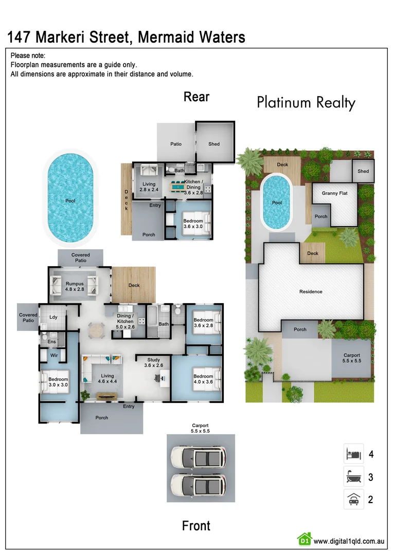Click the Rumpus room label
click(x=75, y=287)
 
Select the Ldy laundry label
click(x=53, y=317)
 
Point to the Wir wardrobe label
click(x=53, y=355)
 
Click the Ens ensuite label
click(x=51, y=341)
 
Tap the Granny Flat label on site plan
click(x=334, y=193)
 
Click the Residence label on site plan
click(x=311, y=291)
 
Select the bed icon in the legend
click(x=353, y=454)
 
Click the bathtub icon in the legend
click(x=353, y=476)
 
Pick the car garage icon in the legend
click(x=353, y=499)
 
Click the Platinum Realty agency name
click(x=306, y=103)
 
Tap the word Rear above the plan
click(x=196, y=97)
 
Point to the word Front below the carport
click(x=196, y=526)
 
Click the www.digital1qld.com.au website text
click(x=349, y=541)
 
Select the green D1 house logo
click(x=305, y=539)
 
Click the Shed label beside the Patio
click(x=214, y=144)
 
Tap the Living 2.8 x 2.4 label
click(x=149, y=187)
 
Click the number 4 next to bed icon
click(x=371, y=454)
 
